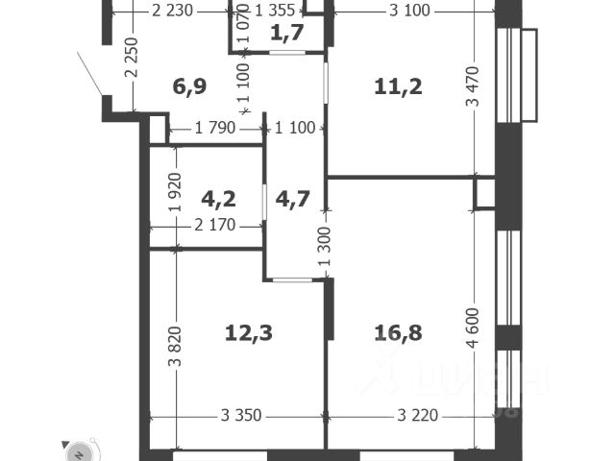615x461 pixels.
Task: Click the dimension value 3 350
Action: [241, 416]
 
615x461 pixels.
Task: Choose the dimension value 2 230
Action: [173, 12]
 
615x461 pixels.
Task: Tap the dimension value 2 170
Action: [215, 227]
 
